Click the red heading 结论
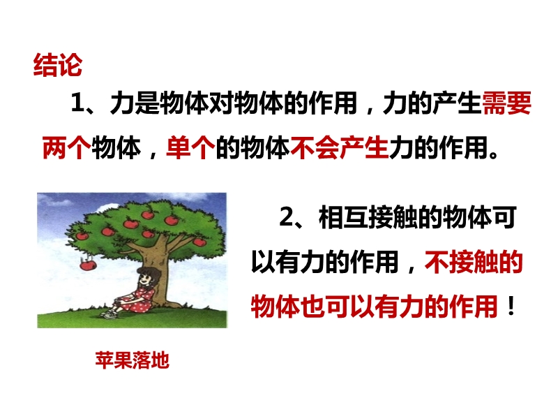(58, 65)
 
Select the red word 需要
(506, 103)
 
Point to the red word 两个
(66, 147)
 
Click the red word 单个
(190, 147)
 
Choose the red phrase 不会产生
(339, 147)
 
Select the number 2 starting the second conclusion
(287, 216)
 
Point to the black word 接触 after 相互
(392, 217)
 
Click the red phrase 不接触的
(474, 262)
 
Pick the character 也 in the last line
(312, 307)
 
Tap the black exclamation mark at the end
(511, 307)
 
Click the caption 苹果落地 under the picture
(132, 360)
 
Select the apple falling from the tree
(88, 265)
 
